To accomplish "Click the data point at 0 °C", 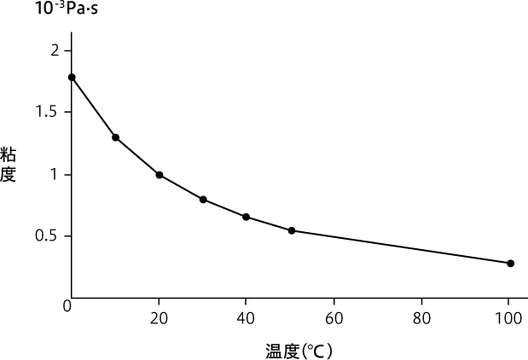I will point(72,77).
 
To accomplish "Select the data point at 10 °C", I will point(115,137).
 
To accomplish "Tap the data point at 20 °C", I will point(160,175).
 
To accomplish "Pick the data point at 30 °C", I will point(203,200).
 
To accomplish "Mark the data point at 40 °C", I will point(247,217).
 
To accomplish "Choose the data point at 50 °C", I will point(292,230).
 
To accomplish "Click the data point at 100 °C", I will point(511,263).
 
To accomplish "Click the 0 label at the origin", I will point(67,305).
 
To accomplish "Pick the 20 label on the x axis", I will point(159,319).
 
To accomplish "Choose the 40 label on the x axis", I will point(247,319).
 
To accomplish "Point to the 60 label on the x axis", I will point(334,319).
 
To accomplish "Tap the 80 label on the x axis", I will point(422,319).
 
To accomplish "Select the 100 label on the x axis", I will point(510,319).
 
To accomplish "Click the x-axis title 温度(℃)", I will point(298,349).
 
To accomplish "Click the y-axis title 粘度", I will point(9,164).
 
